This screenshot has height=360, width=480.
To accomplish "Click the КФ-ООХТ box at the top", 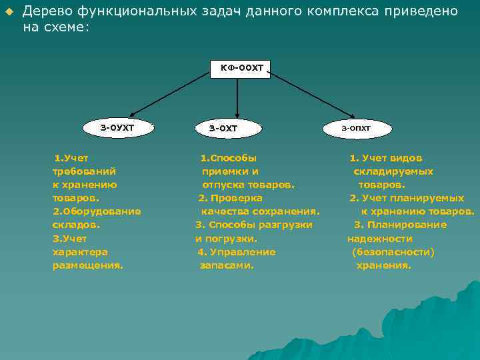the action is (x=241, y=68).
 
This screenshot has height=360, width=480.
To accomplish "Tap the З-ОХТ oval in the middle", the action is (x=223, y=127).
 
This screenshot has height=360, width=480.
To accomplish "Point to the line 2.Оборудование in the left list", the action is (x=97, y=211).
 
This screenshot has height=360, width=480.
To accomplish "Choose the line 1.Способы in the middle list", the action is (x=228, y=158).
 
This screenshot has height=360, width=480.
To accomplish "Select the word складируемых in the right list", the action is (x=393, y=171).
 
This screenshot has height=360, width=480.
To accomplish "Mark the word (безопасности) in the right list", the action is (x=393, y=251).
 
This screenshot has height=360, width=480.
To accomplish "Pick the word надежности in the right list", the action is (x=380, y=238).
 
